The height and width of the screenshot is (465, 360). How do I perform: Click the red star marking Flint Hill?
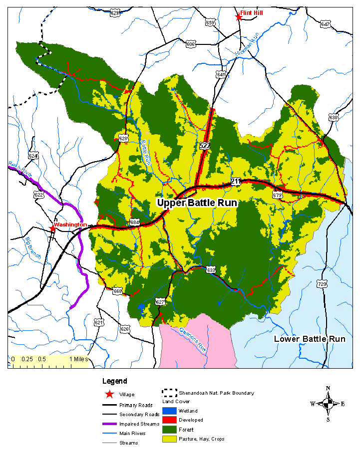click(x=239, y=17)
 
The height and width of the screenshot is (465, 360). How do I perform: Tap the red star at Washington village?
click(x=52, y=229)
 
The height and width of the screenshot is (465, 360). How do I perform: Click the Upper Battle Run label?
click(x=197, y=203)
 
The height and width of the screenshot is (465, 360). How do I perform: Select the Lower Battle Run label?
click(x=310, y=339)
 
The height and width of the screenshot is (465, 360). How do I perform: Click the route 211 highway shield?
click(x=236, y=182)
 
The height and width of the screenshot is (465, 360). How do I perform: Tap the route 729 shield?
click(x=322, y=284)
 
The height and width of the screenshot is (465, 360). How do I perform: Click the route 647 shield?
click(x=326, y=24)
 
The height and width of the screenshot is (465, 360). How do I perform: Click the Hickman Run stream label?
click(x=248, y=43)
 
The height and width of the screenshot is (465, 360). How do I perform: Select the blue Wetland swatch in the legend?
click(x=170, y=411)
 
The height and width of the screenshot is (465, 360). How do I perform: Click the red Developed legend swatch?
click(x=170, y=420)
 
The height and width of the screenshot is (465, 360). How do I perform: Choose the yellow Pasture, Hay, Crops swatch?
click(x=170, y=439)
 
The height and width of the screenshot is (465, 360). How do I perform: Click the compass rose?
click(x=328, y=404)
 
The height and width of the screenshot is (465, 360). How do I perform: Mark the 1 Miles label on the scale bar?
click(x=78, y=359)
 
